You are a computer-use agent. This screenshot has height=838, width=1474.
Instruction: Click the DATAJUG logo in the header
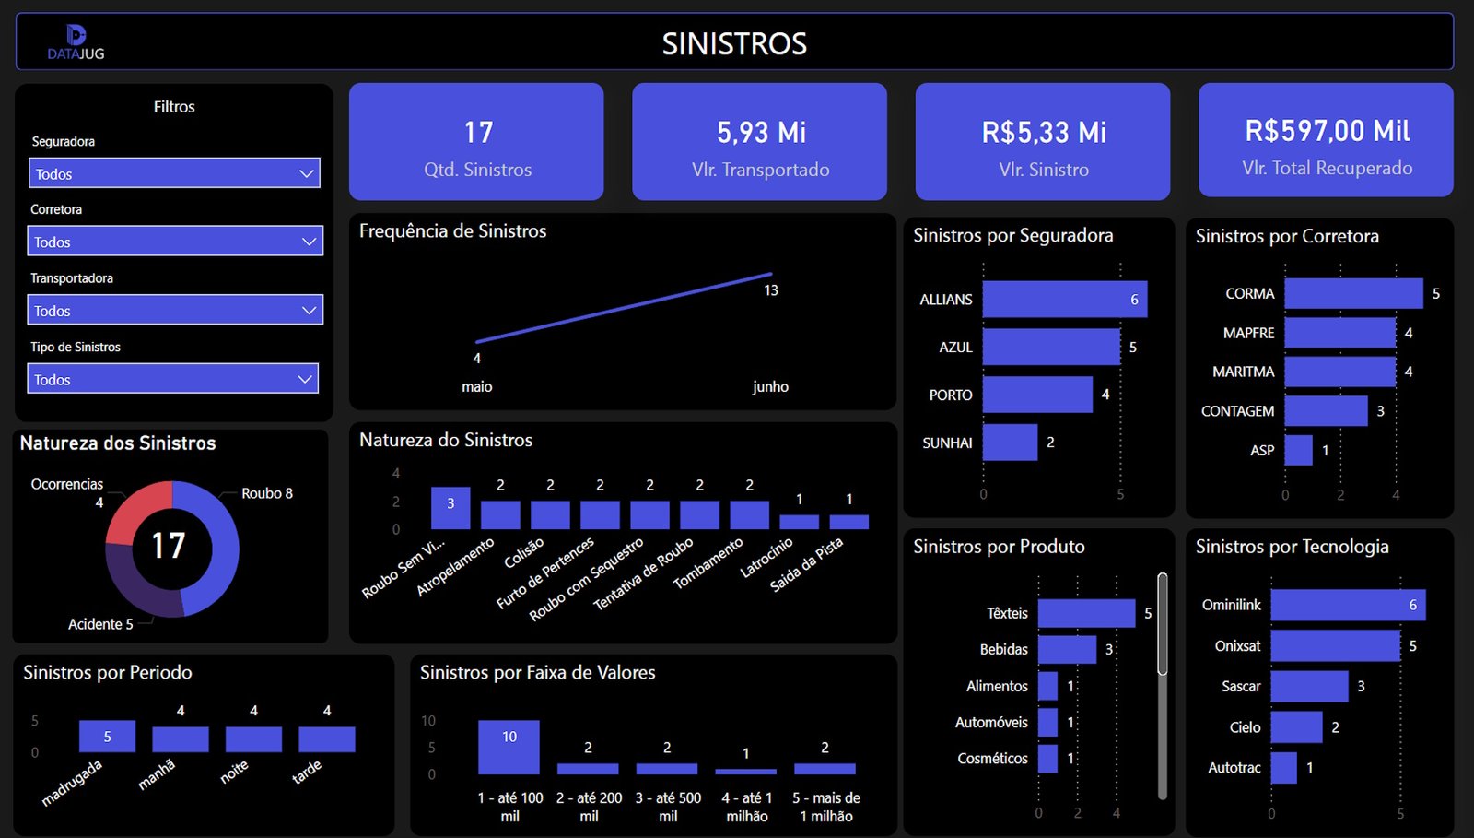pos(76,42)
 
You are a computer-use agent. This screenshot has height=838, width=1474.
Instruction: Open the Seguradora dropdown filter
pos(174,173)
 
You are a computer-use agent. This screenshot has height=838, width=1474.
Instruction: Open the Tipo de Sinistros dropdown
pos(173,379)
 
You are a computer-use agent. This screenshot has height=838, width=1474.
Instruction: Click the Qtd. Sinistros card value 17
pos(478,133)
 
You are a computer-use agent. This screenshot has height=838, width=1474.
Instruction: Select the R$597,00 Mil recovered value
pos(1327,131)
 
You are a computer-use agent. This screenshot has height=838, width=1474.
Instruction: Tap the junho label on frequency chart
pos(770,387)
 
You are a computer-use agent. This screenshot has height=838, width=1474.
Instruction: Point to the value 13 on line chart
pos(771,290)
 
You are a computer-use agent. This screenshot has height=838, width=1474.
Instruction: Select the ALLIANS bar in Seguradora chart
pos(1064,300)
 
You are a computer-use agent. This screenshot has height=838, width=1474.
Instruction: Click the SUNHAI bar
pos(1010,443)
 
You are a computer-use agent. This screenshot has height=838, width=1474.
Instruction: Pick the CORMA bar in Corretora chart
pos(1352,293)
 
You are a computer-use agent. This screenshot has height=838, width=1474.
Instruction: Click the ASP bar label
pos(1262,450)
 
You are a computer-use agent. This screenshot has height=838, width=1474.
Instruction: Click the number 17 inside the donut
pos(169,546)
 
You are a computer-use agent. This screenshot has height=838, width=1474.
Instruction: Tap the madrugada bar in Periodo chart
pos(107,737)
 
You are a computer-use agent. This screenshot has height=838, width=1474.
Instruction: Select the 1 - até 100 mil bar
pos(509,747)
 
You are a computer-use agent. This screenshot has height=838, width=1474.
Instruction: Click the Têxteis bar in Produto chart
pos(1086,613)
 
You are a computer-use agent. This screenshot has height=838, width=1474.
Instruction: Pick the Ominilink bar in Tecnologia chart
pos(1347,605)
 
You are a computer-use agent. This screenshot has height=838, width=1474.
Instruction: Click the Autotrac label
pos(1234,767)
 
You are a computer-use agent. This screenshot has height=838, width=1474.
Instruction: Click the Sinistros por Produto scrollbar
pos(1163,627)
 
